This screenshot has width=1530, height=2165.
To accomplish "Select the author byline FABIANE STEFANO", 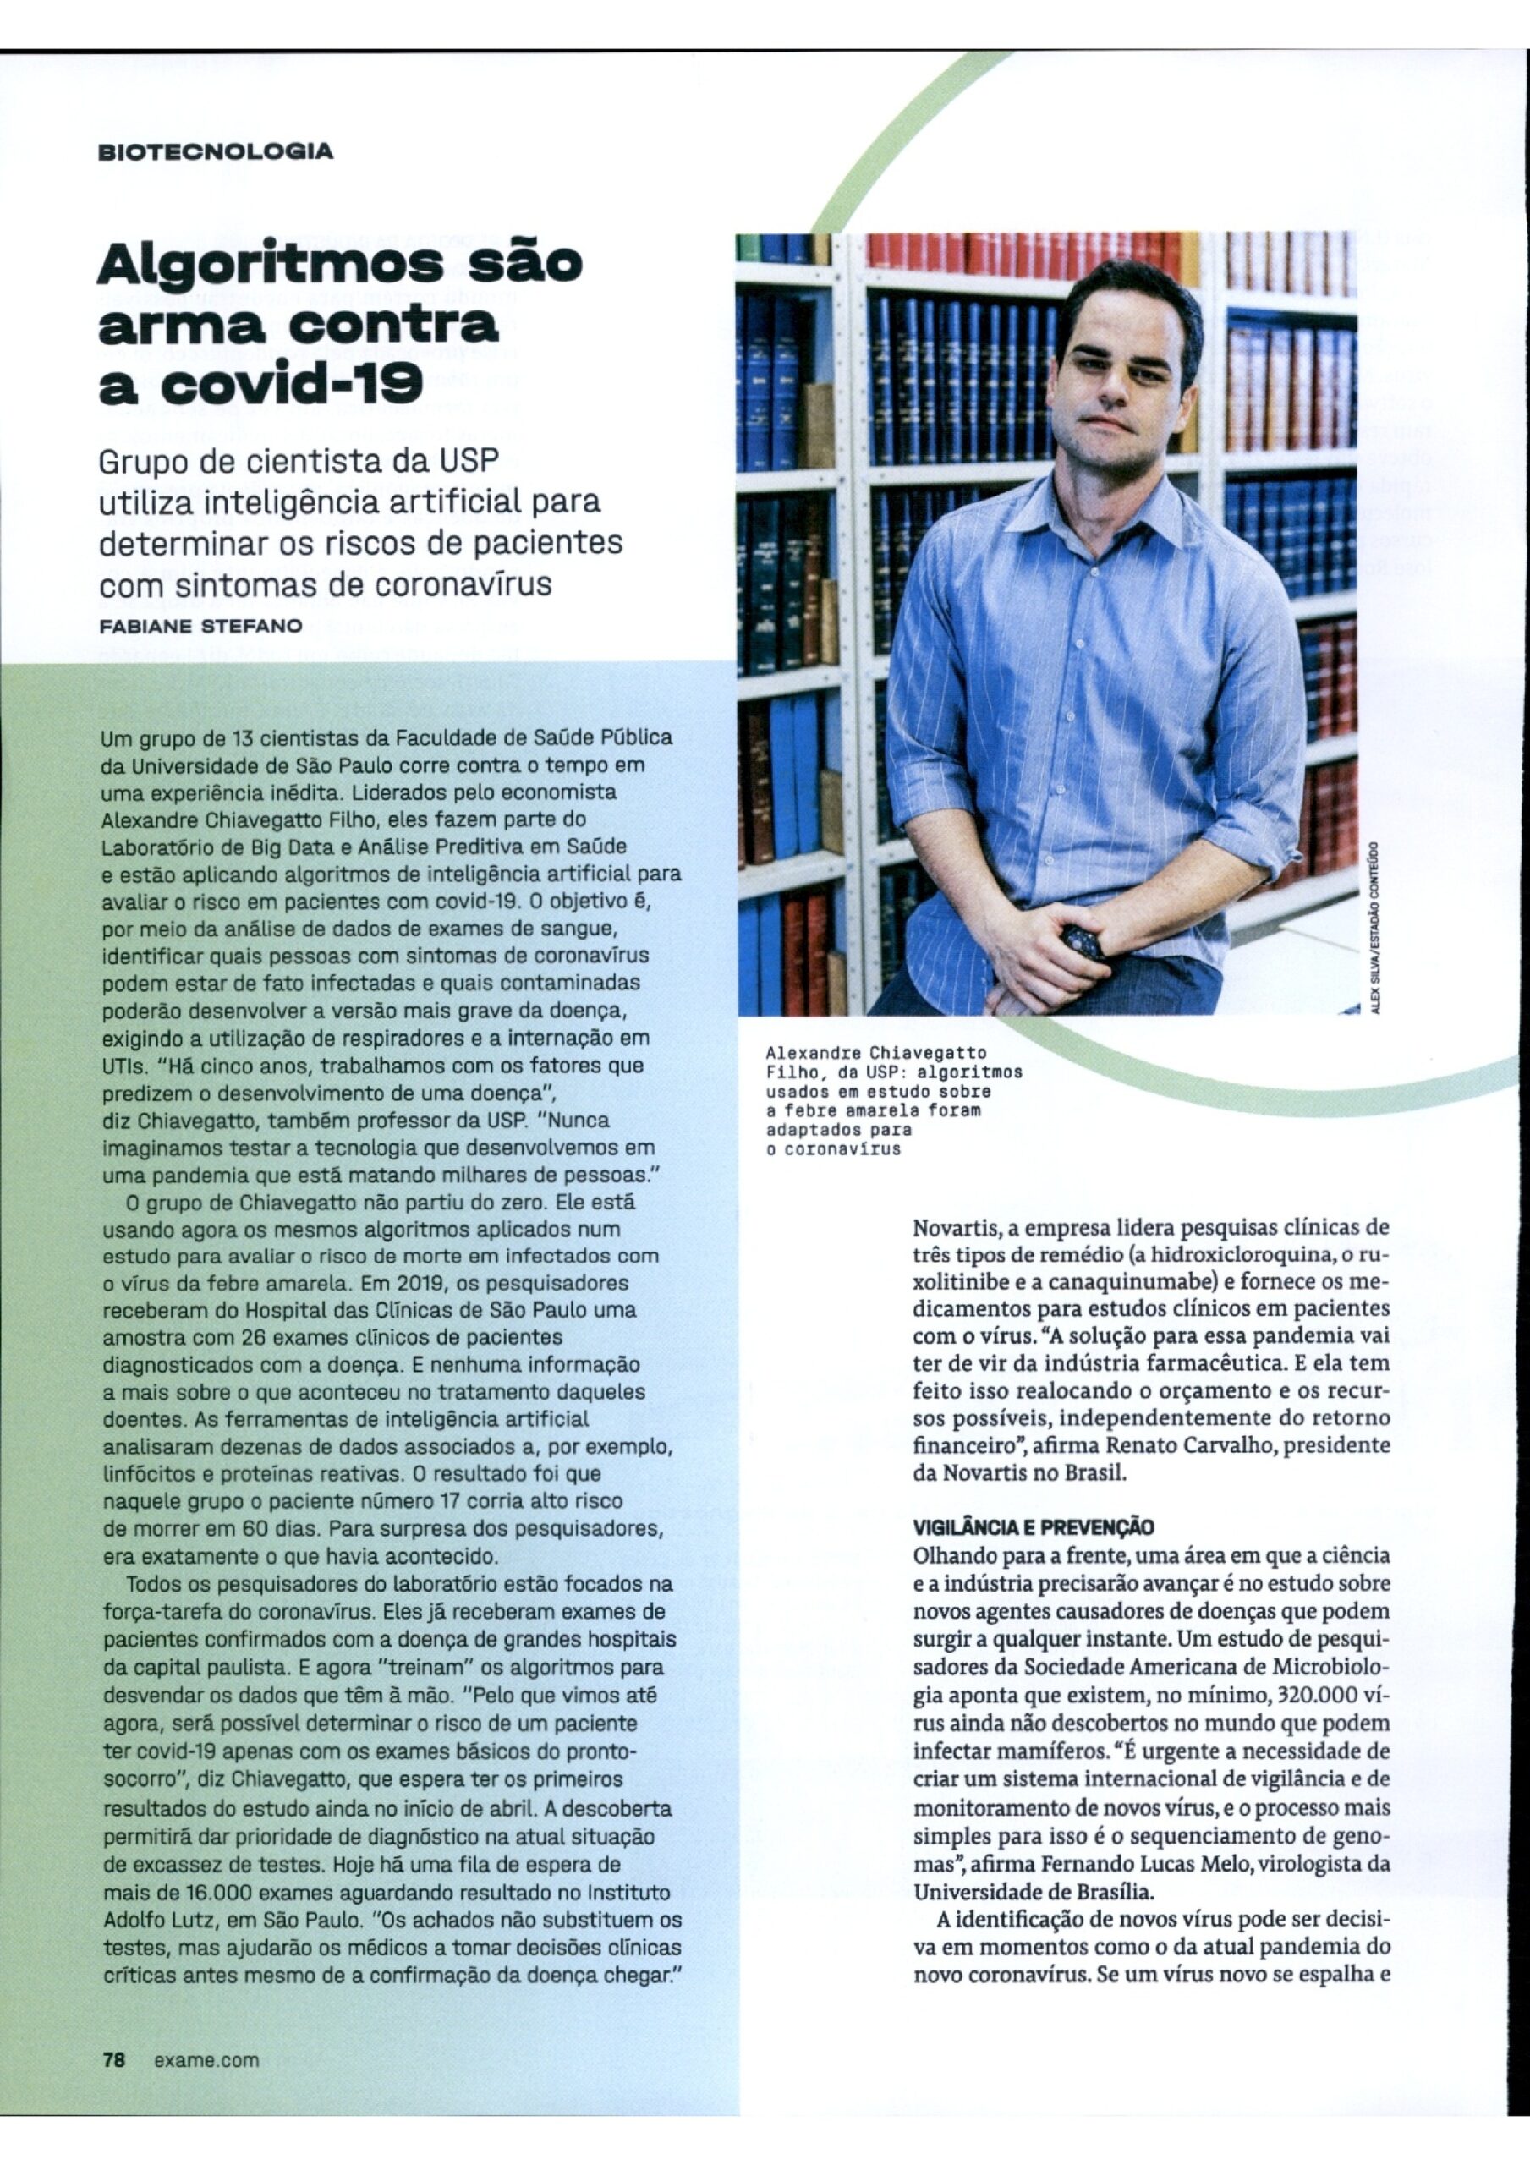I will pos(201,625).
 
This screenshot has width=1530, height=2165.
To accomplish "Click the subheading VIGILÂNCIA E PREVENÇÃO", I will pos(1033,1527).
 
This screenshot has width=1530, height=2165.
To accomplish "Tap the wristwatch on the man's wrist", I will pos(1082,941).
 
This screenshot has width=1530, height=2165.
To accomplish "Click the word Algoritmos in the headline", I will pos(270,265).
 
